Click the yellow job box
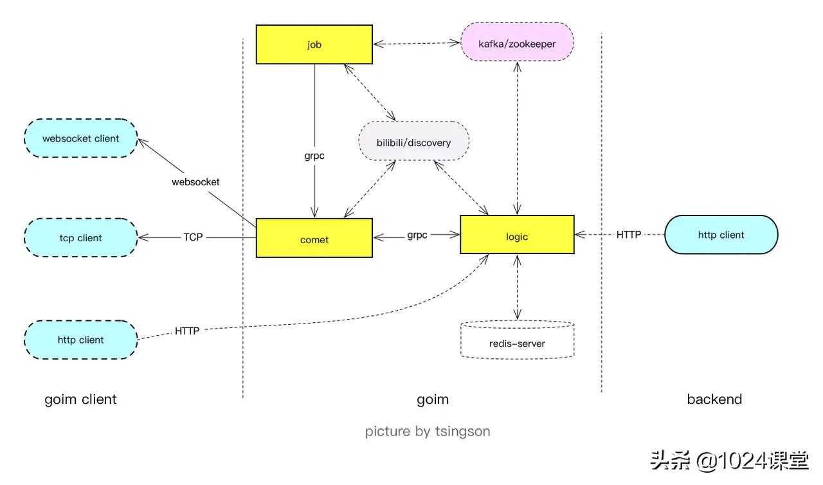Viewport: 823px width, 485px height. point(314,44)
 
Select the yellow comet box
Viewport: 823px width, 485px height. point(314,239)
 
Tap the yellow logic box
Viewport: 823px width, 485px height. point(517,235)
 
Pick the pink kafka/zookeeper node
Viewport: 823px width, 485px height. point(517,44)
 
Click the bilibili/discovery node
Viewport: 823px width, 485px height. point(413,142)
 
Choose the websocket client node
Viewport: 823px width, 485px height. point(80,138)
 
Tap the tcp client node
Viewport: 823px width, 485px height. point(80,237)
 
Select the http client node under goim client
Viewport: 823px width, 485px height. point(80,340)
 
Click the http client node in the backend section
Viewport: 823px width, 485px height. point(721,235)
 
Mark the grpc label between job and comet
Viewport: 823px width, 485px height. point(314,155)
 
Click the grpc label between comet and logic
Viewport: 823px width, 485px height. point(417,235)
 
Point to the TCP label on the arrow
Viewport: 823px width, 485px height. point(193,237)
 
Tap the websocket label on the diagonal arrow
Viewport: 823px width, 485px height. point(195,182)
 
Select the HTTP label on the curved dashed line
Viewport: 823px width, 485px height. point(187,331)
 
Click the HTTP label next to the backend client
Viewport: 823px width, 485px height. point(629,235)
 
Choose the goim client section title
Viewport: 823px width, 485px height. point(80,399)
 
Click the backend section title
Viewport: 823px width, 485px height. point(714,399)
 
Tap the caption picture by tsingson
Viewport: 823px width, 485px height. point(428,431)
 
